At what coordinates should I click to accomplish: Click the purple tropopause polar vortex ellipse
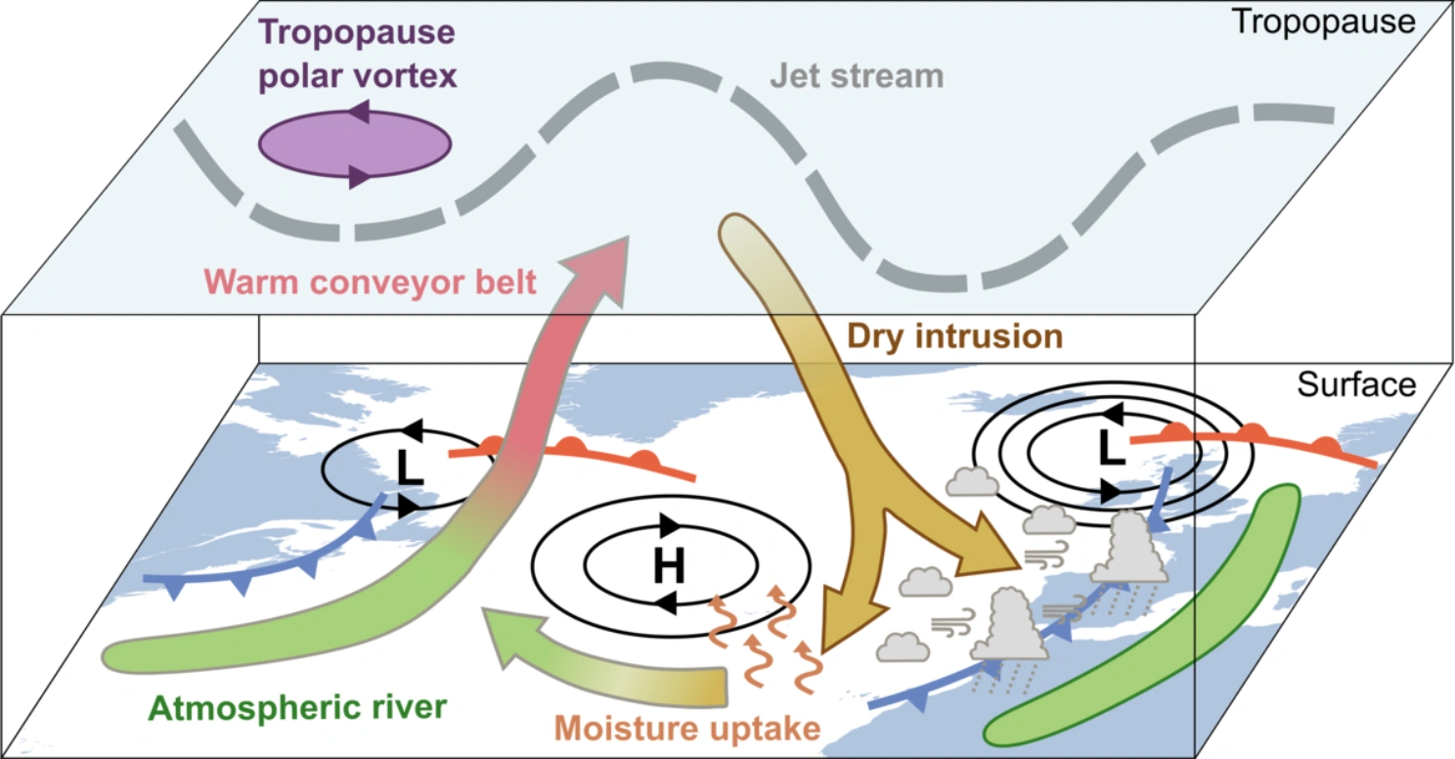354,145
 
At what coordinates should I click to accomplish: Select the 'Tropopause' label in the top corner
1323,21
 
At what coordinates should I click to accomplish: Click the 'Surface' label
1355,385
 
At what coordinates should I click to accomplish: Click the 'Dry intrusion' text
954,335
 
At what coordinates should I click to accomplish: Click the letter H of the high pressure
669,563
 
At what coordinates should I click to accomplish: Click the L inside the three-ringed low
1107,446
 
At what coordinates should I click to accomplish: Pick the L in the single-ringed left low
409,469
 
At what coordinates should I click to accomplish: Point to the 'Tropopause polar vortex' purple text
358,54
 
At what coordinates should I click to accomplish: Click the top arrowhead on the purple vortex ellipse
359,112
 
